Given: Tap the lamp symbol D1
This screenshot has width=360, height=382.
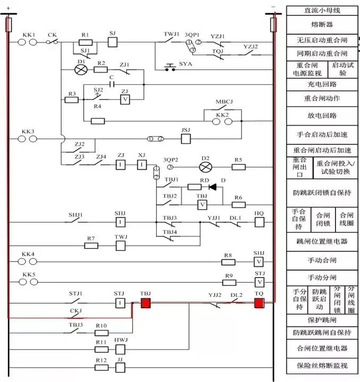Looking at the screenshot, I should point(82,70).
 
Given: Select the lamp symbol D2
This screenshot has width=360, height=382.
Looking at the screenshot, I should point(205,167).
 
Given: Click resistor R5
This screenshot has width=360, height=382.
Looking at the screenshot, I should point(238,167).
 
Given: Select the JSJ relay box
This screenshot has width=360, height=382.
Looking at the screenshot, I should point(186,138).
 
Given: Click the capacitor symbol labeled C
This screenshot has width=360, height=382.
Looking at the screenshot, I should point(112,84).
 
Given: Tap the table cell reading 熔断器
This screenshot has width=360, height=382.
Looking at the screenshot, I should point(322,24).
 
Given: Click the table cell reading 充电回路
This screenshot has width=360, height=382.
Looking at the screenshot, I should point(322,84).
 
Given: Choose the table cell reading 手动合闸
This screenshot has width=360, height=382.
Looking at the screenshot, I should point(322,261).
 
